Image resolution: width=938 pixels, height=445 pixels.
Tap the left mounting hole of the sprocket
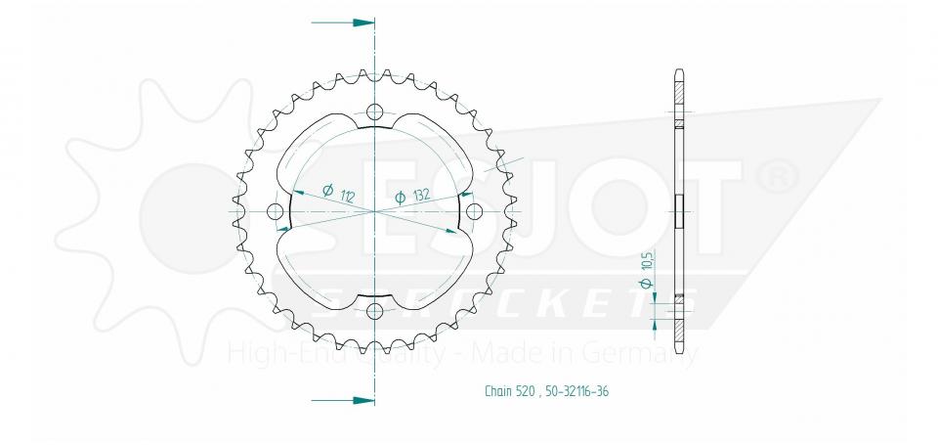point(275,211)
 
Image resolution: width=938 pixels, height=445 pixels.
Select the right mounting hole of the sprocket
point(475,211)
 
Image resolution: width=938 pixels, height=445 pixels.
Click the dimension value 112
point(347,196)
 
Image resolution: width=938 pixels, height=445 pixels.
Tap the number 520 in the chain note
point(526,391)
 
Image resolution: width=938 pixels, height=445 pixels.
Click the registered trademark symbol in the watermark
point(782,175)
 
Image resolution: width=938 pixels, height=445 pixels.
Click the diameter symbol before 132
point(400,199)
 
